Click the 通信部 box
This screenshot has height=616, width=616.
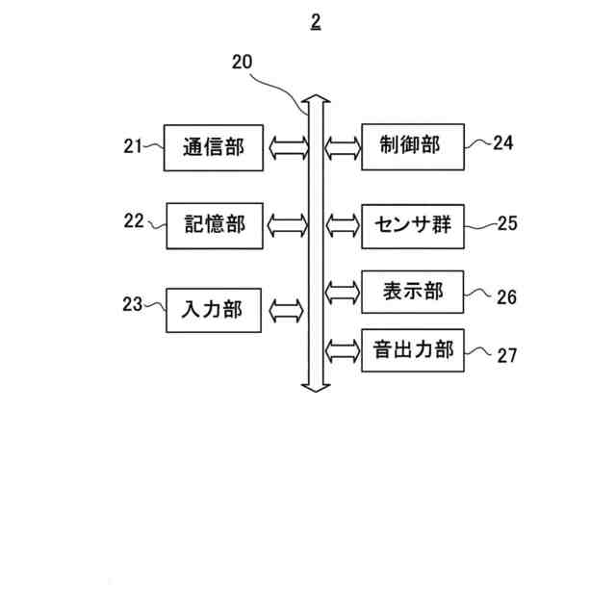pos(213,147)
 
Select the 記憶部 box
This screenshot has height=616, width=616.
pos(215,225)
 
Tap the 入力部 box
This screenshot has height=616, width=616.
pos(214,310)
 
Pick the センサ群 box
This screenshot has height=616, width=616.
pos(412,226)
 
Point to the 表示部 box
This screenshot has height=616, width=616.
pos(412,292)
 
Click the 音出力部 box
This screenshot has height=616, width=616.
pos(412,349)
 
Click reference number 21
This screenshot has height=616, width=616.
pos(133,146)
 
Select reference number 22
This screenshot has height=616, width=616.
pos(134,220)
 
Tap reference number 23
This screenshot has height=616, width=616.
pos(132,304)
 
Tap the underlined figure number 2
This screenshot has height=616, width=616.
pos(316,21)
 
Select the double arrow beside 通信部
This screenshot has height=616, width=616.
pos(286,148)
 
